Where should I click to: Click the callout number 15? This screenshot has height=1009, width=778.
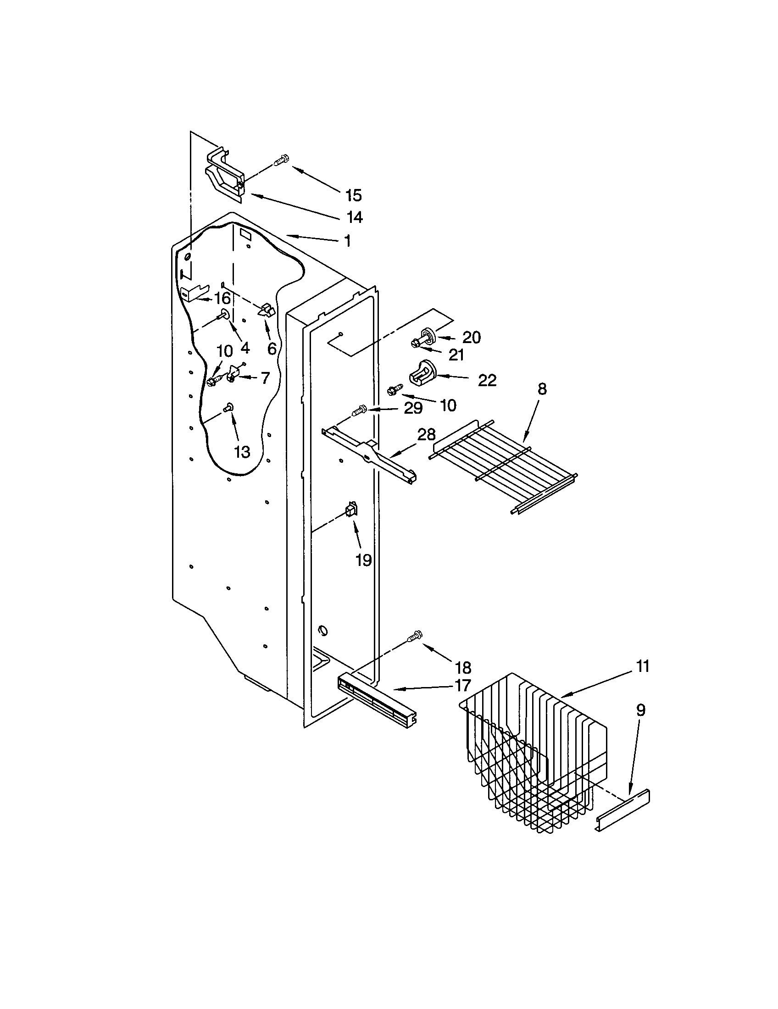353,195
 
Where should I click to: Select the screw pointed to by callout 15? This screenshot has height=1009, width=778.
281,161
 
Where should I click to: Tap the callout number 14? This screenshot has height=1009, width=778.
354,216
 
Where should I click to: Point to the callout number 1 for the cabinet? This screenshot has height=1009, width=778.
347,241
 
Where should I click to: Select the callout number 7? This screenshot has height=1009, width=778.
265,378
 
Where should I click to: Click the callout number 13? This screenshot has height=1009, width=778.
242,451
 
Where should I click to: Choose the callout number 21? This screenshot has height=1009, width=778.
456,355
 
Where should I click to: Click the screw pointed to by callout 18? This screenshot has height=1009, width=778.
416,637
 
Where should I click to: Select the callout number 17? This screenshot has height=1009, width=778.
462,685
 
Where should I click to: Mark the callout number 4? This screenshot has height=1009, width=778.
245,348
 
